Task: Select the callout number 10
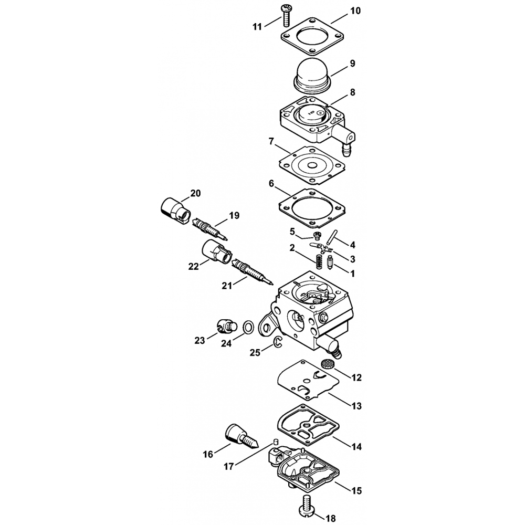(x=355, y=10)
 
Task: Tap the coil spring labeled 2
(x=320, y=261)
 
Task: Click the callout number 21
(x=227, y=286)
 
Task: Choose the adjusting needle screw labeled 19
(x=209, y=228)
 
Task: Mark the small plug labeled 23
(x=226, y=325)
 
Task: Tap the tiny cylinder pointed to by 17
(x=277, y=440)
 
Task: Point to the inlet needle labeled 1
(x=329, y=261)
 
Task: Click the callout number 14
(x=356, y=446)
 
